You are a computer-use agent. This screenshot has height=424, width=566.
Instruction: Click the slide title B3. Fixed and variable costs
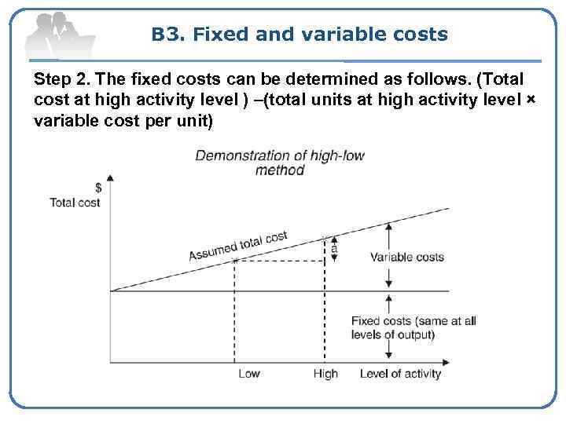click(x=300, y=35)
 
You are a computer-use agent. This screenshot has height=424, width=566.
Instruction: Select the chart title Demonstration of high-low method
click(x=280, y=163)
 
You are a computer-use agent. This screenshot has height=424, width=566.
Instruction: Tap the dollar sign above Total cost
click(x=98, y=188)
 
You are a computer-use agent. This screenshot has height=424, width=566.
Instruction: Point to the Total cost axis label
click(x=75, y=202)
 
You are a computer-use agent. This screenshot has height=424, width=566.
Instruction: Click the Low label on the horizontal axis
click(x=248, y=374)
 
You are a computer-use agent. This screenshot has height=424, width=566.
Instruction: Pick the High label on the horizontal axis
click(x=325, y=374)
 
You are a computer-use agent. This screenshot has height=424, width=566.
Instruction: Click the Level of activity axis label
click(x=401, y=374)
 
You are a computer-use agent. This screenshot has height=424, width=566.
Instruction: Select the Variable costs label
click(x=406, y=257)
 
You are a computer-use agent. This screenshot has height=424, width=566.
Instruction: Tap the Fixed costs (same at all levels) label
click(x=413, y=327)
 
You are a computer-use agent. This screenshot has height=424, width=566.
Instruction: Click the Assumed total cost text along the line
click(x=238, y=247)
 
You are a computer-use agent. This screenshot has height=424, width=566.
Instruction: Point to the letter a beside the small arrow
click(x=333, y=247)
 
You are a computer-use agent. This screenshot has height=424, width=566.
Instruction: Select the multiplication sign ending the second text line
click(x=530, y=102)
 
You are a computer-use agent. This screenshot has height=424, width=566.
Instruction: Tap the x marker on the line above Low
click(x=234, y=260)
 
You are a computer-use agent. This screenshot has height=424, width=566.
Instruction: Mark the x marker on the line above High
click(x=325, y=237)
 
